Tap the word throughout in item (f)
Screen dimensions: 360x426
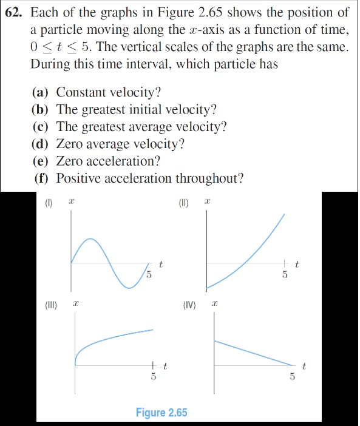(209, 178)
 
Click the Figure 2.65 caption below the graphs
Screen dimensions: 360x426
(161, 413)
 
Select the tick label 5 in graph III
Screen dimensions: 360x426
(154, 376)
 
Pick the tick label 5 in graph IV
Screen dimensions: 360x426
(292, 376)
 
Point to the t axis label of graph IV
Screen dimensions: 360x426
(304, 366)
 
